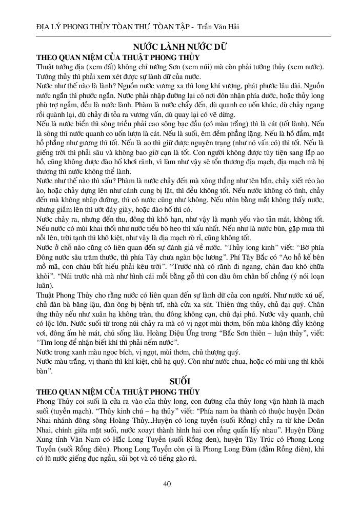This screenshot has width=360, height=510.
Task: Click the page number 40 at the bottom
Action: click(167, 483)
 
